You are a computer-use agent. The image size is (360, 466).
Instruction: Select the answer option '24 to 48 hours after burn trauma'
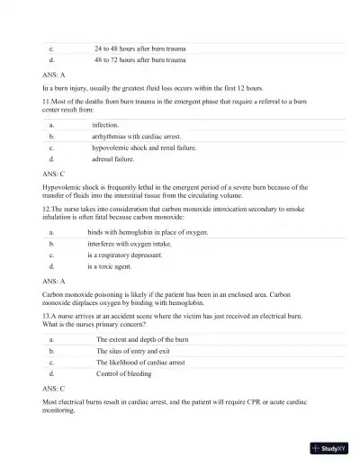click(139, 49)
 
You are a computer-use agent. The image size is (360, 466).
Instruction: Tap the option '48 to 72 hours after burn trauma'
click(139, 60)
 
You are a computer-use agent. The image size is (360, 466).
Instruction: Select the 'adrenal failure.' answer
click(112, 158)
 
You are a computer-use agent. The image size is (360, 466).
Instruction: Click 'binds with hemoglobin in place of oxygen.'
click(148, 232)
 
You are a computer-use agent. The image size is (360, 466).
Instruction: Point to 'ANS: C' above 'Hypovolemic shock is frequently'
click(54, 174)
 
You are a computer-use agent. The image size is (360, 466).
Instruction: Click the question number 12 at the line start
click(47, 207)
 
